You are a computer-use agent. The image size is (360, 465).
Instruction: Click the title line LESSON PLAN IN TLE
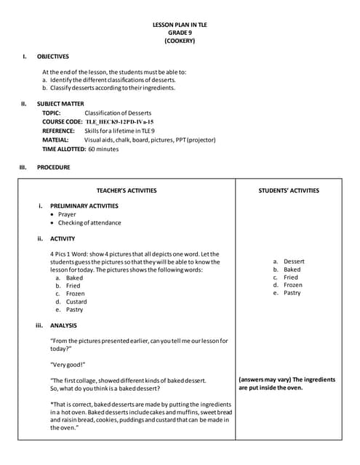(x=179, y=25)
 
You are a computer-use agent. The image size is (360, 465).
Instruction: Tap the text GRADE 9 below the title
(x=179, y=33)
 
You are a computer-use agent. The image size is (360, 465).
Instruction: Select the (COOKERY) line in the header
(x=179, y=41)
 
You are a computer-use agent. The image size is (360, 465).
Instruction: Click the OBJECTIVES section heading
(x=52, y=56)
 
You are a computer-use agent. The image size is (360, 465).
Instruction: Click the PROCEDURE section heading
(x=54, y=167)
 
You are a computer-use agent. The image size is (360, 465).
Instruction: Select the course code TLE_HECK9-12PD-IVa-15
(x=119, y=122)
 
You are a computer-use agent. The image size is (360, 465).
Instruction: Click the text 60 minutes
(x=103, y=148)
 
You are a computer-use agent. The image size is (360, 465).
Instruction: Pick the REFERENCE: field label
(x=58, y=131)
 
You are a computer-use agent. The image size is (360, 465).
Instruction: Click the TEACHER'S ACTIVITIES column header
(x=127, y=190)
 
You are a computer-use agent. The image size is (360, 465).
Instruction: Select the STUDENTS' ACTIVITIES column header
(x=289, y=190)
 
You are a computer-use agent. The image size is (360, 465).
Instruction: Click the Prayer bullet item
(x=67, y=214)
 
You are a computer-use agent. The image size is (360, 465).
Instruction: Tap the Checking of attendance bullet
(x=89, y=223)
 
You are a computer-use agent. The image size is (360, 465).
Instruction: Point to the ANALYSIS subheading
(x=63, y=325)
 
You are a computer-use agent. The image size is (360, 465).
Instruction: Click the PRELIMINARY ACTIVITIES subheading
(x=84, y=206)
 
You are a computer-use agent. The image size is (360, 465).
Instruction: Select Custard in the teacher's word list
(x=76, y=302)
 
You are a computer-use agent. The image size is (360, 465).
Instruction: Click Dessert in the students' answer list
(x=294, y=261)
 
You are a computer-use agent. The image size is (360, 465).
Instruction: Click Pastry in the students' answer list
(x=292, y=293)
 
